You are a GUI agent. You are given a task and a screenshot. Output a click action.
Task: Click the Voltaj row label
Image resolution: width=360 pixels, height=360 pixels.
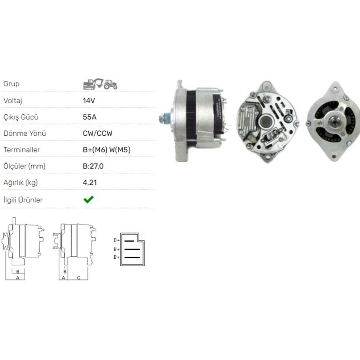[x=13, y=100]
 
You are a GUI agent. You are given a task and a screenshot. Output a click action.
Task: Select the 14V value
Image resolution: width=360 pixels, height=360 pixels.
[x=89, y=100]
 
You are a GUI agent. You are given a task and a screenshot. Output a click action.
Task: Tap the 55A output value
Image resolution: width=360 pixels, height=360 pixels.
[x=89, y=117]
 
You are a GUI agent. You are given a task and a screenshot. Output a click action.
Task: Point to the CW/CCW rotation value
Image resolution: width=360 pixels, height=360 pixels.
[x=98, y=134]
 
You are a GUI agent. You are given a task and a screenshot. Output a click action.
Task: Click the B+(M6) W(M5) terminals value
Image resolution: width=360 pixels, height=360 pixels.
[x=107, y=150]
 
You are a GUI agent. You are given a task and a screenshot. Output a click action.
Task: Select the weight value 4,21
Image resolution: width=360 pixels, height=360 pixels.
[x=90, y=183]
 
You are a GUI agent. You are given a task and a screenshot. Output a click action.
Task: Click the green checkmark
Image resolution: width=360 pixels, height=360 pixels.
[x=88, y=199]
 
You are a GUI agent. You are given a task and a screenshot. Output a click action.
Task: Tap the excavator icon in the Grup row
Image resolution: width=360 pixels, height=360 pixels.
[x=92, y=84]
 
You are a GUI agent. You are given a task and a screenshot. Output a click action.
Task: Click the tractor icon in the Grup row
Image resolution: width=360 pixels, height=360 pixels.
[x=111, y=84]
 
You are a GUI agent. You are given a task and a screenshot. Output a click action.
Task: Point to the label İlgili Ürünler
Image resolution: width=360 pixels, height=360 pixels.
[x=23, y=200]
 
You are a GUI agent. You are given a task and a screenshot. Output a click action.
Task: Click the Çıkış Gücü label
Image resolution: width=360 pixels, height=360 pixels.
[x=21, y=117]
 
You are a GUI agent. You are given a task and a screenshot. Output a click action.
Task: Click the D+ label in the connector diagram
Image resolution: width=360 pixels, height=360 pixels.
[x=116, y=240]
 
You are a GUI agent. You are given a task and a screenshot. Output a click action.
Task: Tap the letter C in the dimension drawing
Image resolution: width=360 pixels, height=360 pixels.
[x=78, y=278]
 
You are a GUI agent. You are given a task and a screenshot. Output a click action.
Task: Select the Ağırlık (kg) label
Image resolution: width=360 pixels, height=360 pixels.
[x=21, y=183]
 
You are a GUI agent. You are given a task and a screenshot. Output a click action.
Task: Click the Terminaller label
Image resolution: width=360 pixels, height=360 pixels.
[x=21, y=150]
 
